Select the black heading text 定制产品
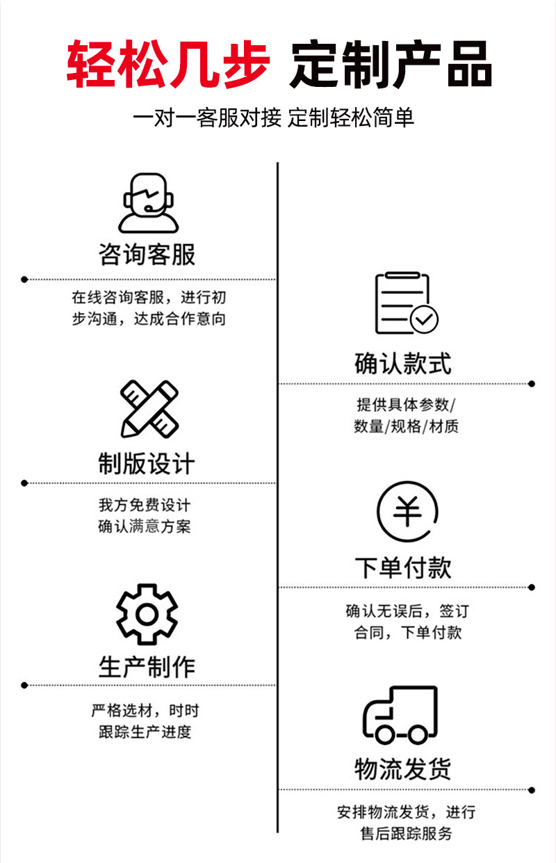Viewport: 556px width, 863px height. [x=391, y=63]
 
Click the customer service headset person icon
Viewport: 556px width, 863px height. [x=147, y=202]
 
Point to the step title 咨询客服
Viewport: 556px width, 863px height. [x=147, y=255]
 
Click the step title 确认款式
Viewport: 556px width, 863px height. [x=403, y=363]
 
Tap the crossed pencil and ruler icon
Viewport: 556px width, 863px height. [x=149, y=409]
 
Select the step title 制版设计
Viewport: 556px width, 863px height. [x=147, y=463]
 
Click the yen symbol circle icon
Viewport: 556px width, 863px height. [x=407, y=513]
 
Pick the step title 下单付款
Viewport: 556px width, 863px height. [x=403, y=567]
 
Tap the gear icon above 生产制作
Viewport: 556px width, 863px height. [x=147, y=614]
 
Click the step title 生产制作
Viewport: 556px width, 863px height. [x=147, y=667]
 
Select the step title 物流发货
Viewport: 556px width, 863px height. [x=403, y=769]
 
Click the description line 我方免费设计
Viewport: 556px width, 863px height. [x=145, y=505]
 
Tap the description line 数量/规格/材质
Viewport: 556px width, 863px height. [x=406, y=426]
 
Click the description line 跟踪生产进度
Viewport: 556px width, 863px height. [x=145, y=732]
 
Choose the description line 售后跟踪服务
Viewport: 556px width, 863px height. [x=406, y=833]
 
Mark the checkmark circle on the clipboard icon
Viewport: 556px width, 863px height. [x=424, y=319]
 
